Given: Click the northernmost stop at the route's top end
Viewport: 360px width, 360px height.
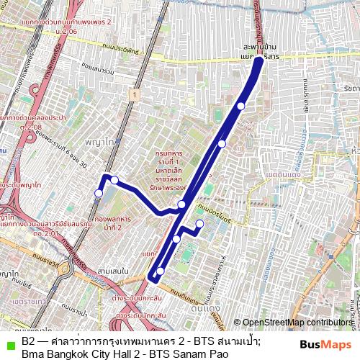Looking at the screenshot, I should [x=258, y=61].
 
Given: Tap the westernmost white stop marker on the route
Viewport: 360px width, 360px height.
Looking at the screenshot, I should [x=99, y=193].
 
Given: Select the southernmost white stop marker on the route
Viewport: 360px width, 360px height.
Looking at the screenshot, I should [x=161, y=271].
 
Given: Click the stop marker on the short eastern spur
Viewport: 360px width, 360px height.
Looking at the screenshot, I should [x=199, y=224].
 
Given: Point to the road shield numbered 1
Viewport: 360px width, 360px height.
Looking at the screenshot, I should [x=134, y=94].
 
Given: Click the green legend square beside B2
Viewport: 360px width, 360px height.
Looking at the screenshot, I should [x=9, y=341].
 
